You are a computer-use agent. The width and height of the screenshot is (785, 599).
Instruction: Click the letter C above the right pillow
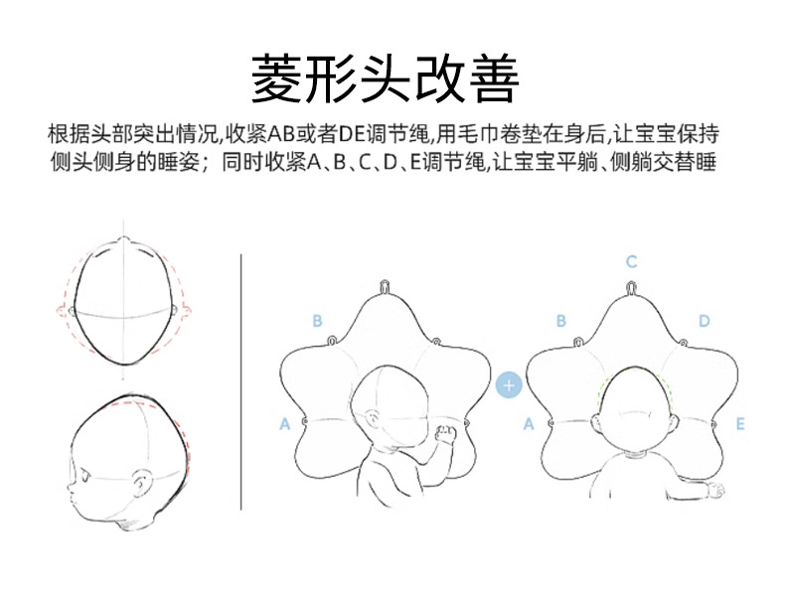pyautogui.click(x=631, y=261)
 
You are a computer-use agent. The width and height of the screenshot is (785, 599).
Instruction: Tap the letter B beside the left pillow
pyautogui.click(x=317, y=321)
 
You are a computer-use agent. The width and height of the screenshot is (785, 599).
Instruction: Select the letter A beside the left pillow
pyautogui.click(x=285, y=424)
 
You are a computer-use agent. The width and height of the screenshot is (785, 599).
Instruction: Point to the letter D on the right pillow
pyautogui.click(x=704, y=321)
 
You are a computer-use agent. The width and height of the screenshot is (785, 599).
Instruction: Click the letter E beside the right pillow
pyautogui.click(x=740, y=424)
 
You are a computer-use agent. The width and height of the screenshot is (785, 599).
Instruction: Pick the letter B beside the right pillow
pyautogui.click(x=560, y=321)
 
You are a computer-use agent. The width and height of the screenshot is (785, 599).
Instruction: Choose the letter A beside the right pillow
pyautogui.click(x=529, y=424)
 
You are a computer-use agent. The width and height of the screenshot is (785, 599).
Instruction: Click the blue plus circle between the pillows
pyautogui.click(x=509, y=385)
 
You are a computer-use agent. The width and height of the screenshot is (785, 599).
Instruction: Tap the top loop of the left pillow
pyautogui.click(x=385, y=287)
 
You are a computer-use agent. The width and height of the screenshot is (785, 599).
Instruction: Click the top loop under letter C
pyautogui.click(x=631, y=288)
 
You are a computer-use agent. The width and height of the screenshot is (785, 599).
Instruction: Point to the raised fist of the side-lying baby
pyautogui.click(x=445, y=434)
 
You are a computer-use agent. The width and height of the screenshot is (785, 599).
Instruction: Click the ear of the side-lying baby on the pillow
pyautogui.click(x=373, y=417)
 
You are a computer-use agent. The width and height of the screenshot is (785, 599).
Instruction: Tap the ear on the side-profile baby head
pyautogui.click(x=144, y=482)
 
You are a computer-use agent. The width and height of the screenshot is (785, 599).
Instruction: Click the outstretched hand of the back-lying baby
pyautogui.click(x=715, y=490)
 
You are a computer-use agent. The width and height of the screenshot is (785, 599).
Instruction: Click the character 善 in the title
pyautogui.click(x=492, y=78)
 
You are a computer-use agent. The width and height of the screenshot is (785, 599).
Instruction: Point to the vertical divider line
pyautogui.click(x=240, y=381)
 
